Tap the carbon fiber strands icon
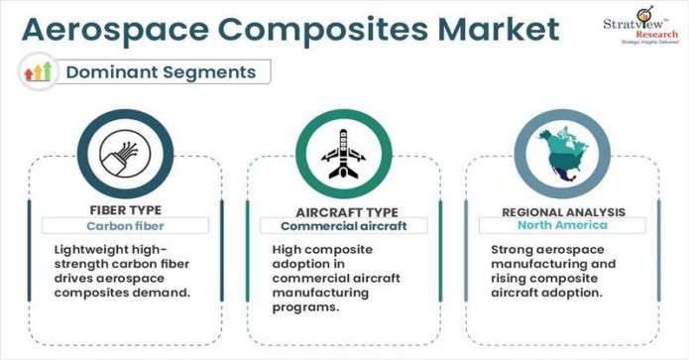coord(124,155)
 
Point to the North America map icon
coord(562,154)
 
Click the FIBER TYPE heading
coord(125,209)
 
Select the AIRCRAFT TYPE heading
coord(346,212)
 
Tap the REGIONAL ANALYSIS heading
coord(563,212)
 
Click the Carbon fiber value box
coord(125,225)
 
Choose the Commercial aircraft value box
coord(346,226)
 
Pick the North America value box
coord(563,226)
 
